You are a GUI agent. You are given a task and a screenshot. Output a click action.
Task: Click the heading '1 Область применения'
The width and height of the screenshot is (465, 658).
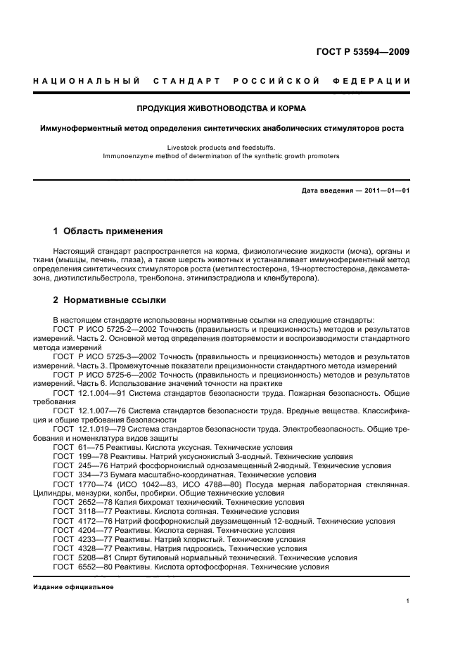coord(108,231)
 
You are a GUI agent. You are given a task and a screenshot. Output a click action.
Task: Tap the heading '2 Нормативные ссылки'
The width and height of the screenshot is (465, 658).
coord(110,300)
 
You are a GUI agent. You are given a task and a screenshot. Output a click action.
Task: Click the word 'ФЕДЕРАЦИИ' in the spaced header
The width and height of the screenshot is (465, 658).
coord(376,81)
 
